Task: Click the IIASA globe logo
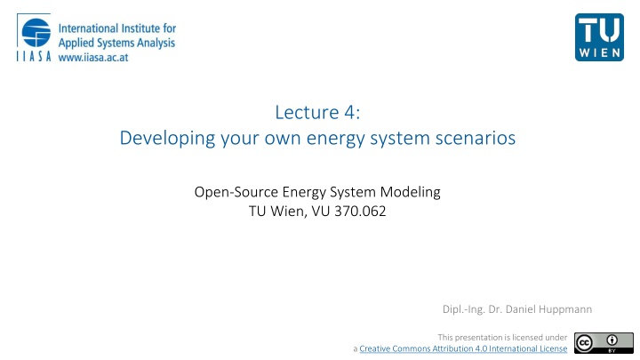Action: tap(36, 33)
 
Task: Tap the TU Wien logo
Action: tap(599, 37)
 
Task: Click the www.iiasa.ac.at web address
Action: tap(93, 58)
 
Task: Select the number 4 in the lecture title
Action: tap(350, 112)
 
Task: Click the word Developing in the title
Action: tap(167, 139)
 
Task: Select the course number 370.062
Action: tap(360, 211)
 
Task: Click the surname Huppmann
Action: tap(565, 309)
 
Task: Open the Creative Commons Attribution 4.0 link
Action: tap(463, 348)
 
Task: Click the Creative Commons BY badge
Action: tap(604, 343)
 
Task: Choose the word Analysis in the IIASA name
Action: tap(156, 44)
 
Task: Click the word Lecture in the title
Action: tap(307, 112)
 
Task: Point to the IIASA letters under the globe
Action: tap(34, 56)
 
